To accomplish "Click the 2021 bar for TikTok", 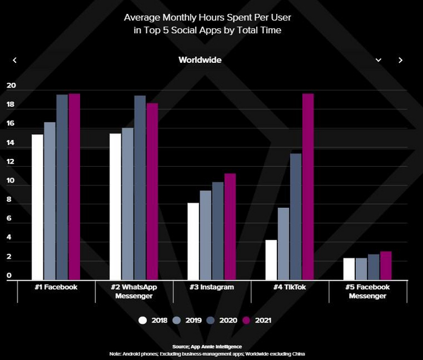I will point(308,187).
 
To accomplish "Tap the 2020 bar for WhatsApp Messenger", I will point(140,188).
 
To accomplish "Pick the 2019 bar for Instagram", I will point(205,235).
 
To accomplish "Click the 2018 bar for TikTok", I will point(271,260).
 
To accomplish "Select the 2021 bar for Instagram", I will point(230,227).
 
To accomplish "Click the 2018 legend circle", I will point(143,321).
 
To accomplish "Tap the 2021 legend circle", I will point(247,321).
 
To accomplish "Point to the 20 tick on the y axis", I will point(10,86).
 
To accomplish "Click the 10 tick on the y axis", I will point(10,181).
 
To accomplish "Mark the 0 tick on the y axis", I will point(9,276).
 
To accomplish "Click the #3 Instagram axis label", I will point(211,287).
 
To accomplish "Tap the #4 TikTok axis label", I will point(289,287).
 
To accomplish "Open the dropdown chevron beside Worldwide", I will point(378,60).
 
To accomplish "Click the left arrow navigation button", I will point(15,60).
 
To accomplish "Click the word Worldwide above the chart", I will point(200,60).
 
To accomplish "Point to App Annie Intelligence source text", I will point(211,346).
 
